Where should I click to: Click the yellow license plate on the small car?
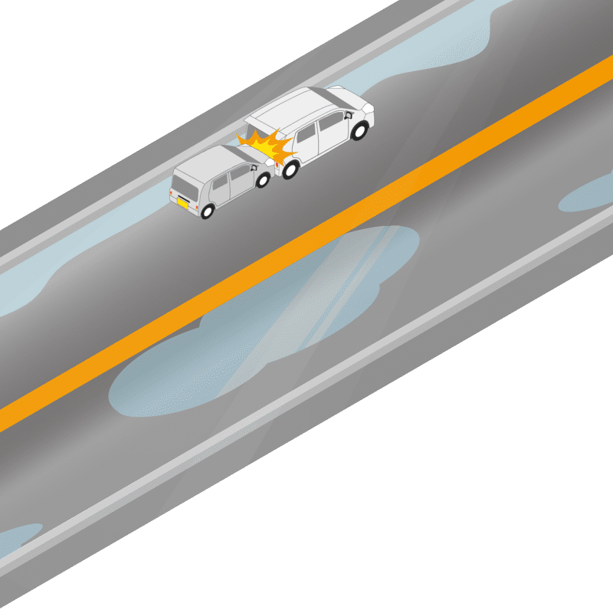coord(183,202)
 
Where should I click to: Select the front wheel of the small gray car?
coord(263,181)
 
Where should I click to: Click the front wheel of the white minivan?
coord(359,131)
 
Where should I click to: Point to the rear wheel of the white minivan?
coord(290,169)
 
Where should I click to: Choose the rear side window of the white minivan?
coord(306,135)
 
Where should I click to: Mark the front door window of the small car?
coord(240,176)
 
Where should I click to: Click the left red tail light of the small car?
coord(174,190)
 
